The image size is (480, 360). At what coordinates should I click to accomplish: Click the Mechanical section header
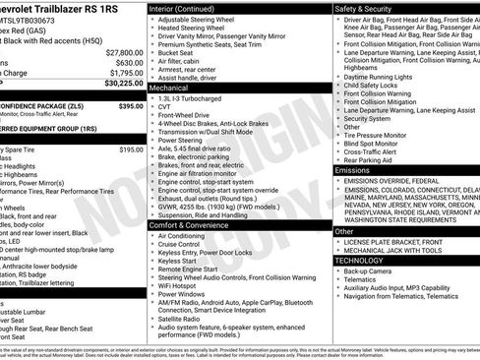(170, 88)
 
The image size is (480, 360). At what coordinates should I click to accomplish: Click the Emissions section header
(353, 170)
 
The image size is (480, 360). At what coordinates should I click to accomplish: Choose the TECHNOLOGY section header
(360, 261)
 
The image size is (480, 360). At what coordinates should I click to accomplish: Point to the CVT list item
(164, 108)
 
